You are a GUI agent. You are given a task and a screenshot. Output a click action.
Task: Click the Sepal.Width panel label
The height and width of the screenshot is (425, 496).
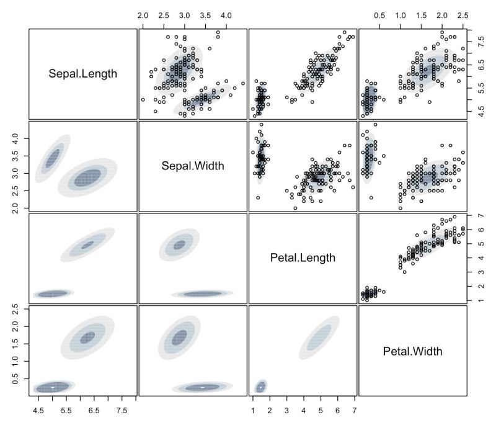(193, 166)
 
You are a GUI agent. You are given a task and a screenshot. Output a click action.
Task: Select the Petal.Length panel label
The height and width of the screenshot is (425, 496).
(303, 258)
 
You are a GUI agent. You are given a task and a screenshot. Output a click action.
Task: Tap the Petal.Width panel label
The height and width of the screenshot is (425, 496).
(412, 352)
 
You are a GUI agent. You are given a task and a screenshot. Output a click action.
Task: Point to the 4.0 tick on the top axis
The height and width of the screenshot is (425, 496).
(226, 14)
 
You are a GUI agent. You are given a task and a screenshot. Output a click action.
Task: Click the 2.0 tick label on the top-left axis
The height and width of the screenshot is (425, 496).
(143, 14)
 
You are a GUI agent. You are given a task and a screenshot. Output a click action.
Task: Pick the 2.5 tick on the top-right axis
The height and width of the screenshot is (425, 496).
(463, 14)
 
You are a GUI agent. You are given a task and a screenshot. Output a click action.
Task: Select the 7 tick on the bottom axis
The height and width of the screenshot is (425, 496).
(354, 410)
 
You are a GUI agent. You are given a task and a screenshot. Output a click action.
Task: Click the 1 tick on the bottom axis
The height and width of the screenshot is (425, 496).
(252, 410)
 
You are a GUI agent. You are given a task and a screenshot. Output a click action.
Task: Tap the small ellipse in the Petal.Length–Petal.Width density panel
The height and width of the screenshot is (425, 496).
(261, 386)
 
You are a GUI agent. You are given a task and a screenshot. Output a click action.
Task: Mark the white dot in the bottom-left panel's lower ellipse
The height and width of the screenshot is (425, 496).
(53, 387)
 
